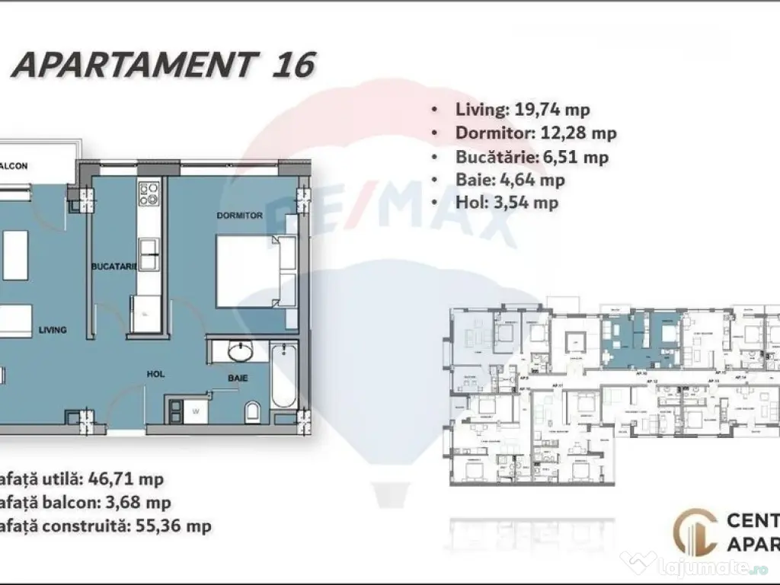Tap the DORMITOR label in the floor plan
click(239, 216)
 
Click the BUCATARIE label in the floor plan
click(113, 267)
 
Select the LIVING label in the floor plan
click(53, 330)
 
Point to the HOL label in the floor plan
click(157, 374)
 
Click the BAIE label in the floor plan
click(235, 377)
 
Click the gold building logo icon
click(696, 532)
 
